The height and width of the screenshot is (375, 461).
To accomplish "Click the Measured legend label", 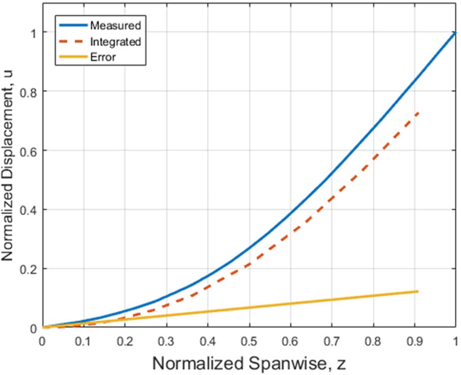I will (115, 26).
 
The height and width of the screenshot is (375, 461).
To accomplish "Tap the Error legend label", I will (103, 57).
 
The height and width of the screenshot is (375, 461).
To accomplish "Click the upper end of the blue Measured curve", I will (456, 32).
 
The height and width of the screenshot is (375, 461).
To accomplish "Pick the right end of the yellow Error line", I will (418, 291).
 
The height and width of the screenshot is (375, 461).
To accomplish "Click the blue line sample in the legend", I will (73, 26).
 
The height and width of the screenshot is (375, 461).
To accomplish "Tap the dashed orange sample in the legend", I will (73, 42).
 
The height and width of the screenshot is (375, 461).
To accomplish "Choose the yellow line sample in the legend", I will (73, 57).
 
